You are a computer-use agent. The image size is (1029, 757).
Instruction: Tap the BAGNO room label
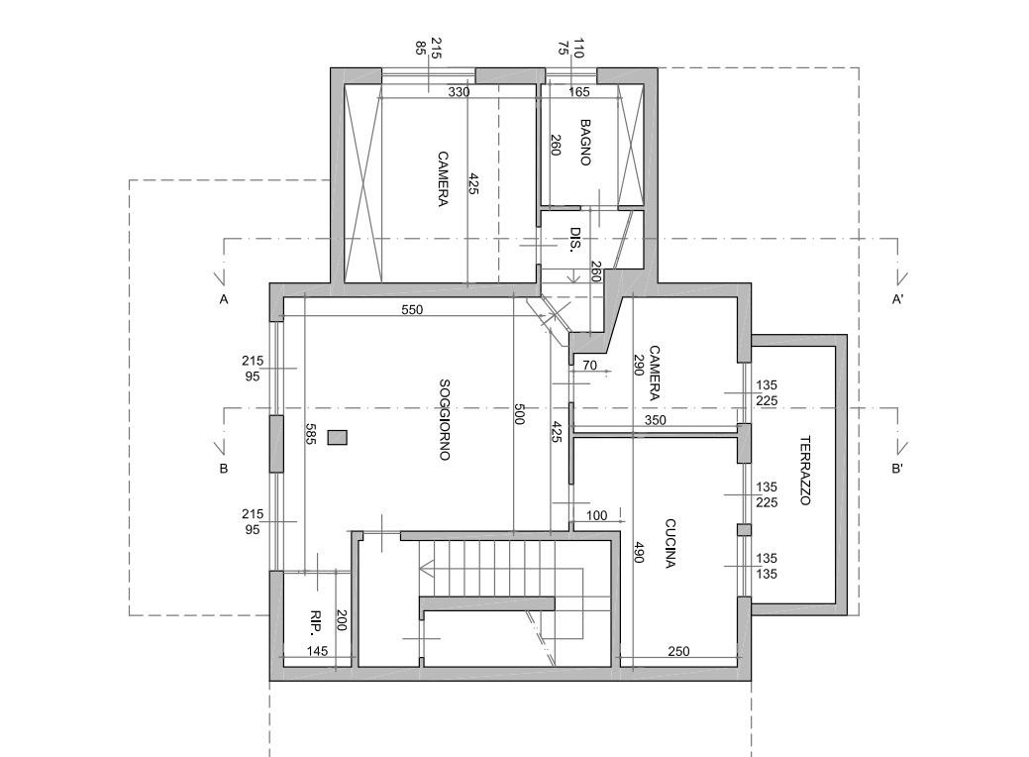tap(585, 143)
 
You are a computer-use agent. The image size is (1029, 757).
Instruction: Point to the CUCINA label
tap(670, 544)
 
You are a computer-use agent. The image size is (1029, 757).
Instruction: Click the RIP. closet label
tap(316, 620)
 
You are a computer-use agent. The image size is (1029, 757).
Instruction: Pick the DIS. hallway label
tap(574, 241)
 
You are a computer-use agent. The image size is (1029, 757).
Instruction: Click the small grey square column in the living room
tap(338, 437)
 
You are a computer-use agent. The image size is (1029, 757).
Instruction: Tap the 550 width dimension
tap(412, 310)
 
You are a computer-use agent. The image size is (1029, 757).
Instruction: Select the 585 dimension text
tap(310, 434)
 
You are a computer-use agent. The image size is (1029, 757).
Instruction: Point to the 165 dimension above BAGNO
tap(579, 92)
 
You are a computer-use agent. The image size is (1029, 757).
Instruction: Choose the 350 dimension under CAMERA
tap(655, 420)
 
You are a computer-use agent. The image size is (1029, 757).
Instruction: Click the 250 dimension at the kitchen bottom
tap(678, 652)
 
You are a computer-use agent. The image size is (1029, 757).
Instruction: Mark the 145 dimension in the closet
tap(317, 652)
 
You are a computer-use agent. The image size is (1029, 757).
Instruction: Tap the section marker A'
tap(897, 299)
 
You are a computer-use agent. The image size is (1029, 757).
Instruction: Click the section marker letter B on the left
tap(224, 469)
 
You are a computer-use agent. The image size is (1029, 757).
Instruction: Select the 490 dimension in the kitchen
tap(640, 553)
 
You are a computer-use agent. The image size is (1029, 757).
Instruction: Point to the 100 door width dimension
tap(596, 516)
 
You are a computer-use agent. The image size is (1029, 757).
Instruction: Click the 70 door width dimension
tap(589, 367)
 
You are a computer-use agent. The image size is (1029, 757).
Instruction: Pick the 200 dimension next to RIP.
tap(342, 620)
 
